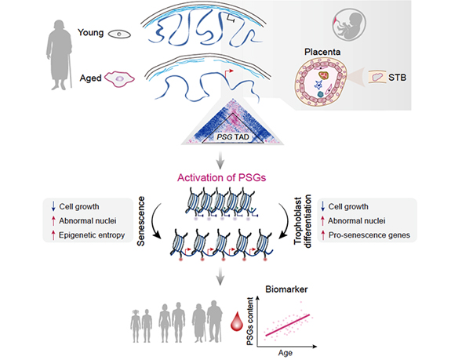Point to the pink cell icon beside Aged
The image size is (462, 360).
(x=119, y=78)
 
